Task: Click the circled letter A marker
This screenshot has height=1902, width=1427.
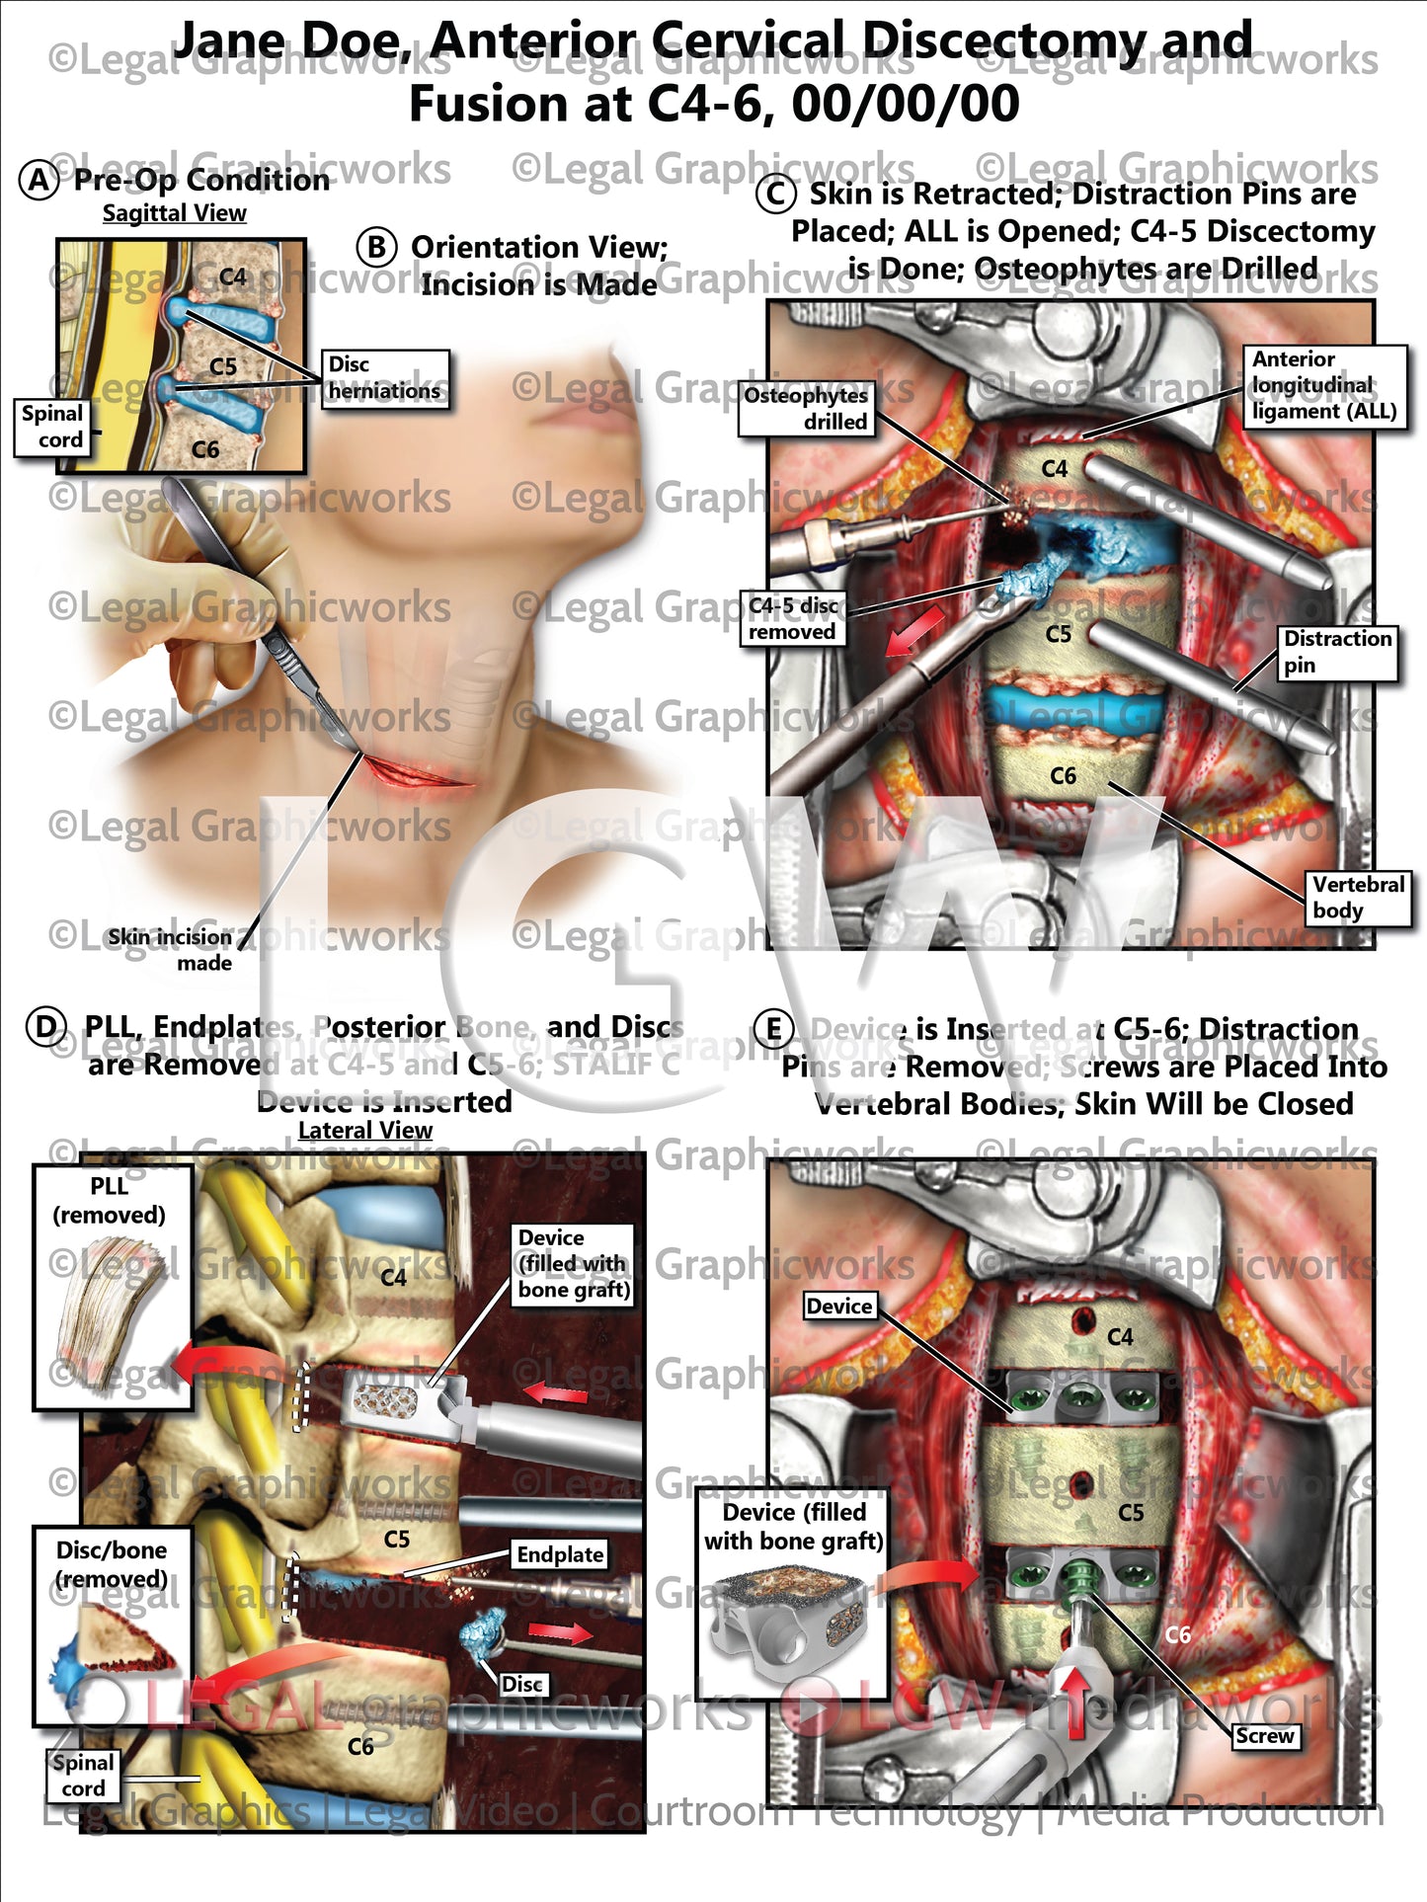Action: point(40,181)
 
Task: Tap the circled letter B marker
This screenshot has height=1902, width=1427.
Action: point(376,246)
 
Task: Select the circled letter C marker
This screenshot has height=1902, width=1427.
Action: point(775,194)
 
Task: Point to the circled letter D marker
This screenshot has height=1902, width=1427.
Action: point(46,1027)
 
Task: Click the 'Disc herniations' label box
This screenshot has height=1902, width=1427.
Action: point(385,378)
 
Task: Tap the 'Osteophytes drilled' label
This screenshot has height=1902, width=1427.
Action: point(805,408)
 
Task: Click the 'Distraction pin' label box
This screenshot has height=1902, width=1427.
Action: point(1337,652)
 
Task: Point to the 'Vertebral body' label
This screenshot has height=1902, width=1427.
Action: point(1358,897)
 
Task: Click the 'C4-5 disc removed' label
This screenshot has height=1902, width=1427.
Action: point(792,618)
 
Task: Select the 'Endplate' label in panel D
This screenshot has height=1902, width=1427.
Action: point(560,1554)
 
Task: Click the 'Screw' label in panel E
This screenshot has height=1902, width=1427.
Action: point(1264,1735)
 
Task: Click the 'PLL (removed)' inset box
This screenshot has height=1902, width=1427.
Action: point(112,1286)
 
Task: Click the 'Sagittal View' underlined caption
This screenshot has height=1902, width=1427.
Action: point(175,213)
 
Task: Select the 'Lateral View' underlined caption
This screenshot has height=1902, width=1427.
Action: point(365,1131)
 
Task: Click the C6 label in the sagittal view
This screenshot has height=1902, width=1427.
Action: point(205,449)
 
